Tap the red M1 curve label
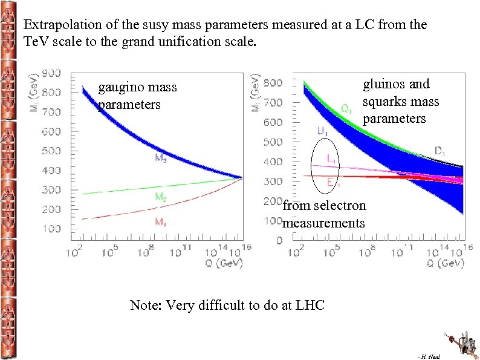click(160, 223)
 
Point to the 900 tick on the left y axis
click(51, 73)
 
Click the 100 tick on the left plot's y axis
click(51, 229)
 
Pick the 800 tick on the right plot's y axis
click(273, 82)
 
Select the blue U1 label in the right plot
click(322, 131)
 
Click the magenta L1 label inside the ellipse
click(332, 159)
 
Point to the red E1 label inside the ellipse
click(332, 182)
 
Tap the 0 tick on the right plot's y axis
click(279, 241)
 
